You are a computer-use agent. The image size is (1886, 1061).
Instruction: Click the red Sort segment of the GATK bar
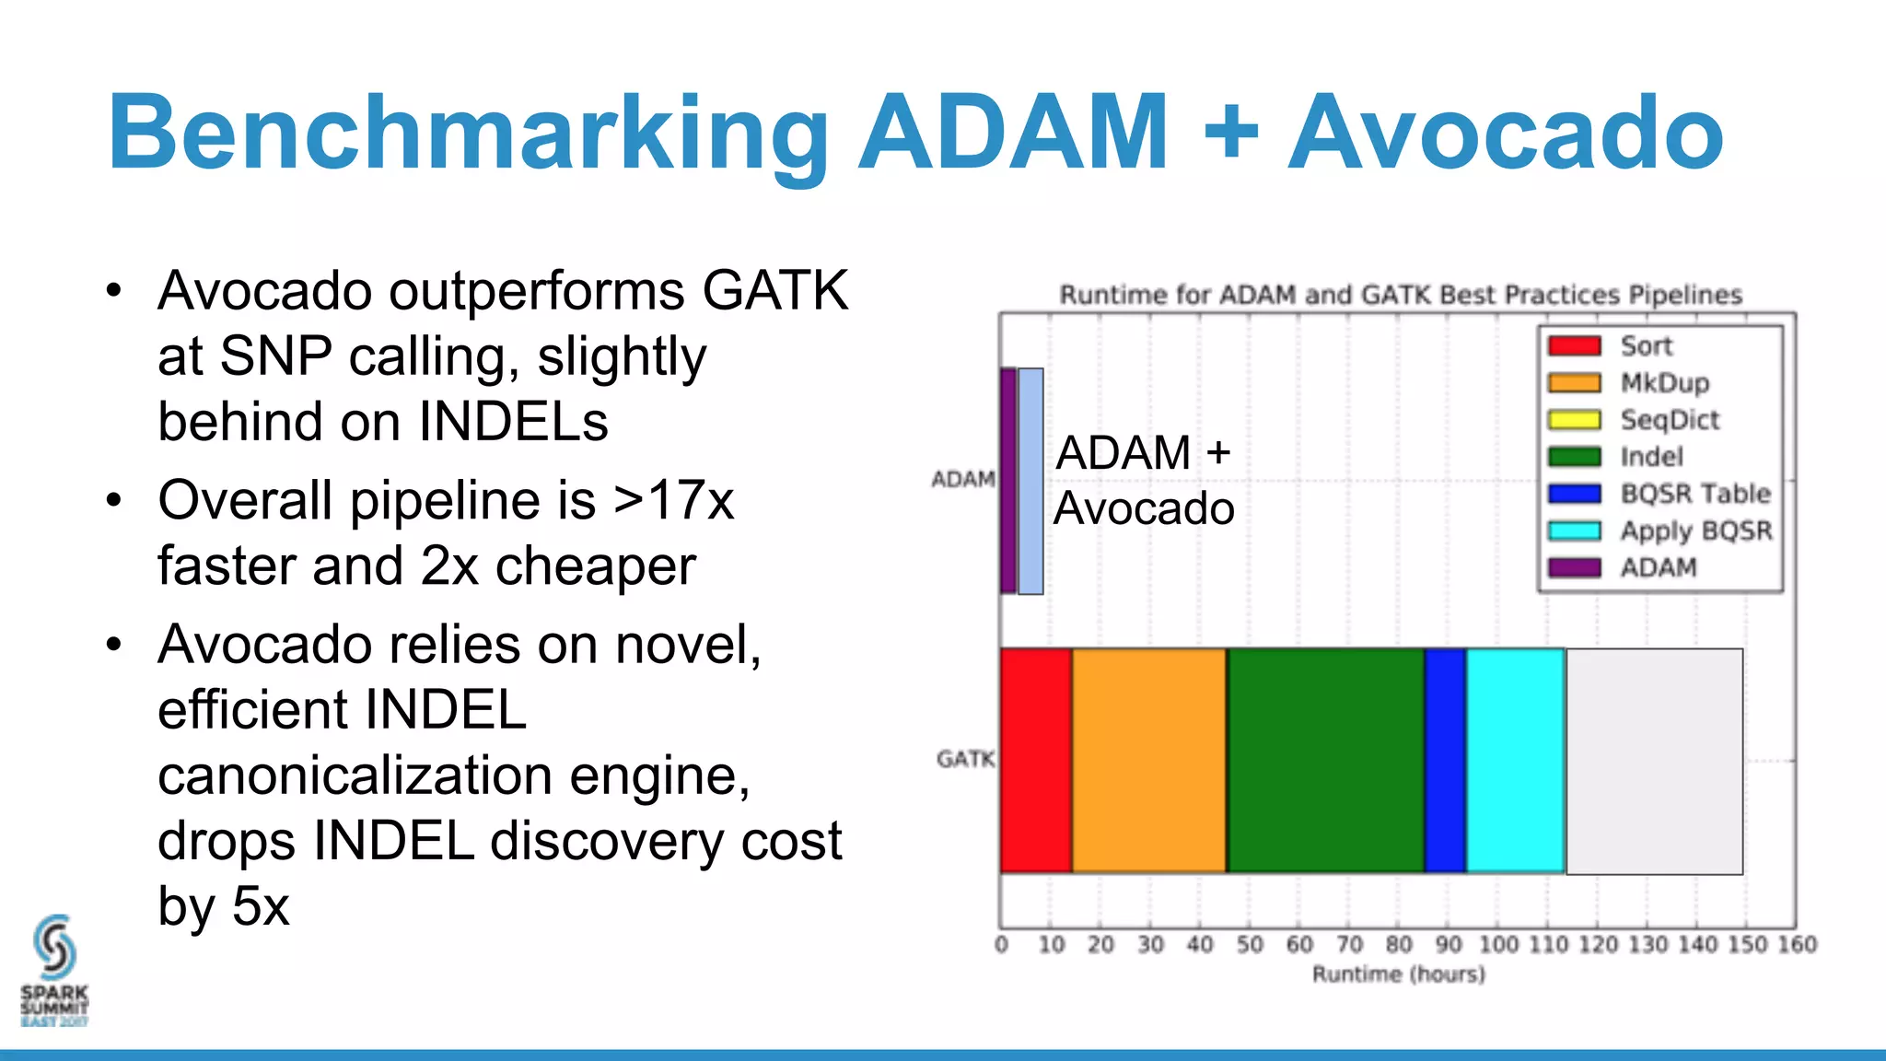tap(1036, 761)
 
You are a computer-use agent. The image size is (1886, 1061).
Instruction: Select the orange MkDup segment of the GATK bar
tap(1149, 761)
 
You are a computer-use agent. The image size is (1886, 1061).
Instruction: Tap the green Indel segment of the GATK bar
tap(1325, 761)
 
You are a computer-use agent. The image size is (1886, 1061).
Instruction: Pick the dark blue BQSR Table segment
tap(1445, 761)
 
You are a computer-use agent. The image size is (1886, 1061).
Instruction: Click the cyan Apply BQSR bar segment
tap(1515, 761)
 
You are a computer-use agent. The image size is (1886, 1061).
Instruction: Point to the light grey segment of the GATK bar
tap(1654, 761)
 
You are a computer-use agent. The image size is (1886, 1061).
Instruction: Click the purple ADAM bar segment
tap(1008, 481)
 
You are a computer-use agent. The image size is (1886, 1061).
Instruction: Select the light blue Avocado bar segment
tap(1030, 481)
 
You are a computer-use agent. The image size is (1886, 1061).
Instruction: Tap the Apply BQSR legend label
tap(1695, 531)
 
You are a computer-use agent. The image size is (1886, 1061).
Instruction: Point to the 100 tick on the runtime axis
tap(1498, 944)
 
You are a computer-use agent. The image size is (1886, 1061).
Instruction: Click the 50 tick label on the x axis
tap(1250, 944)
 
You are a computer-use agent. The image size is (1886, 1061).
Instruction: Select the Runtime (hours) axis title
tap(1398, 974)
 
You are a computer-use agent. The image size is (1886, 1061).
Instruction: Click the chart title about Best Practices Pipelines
tap(1400, 295)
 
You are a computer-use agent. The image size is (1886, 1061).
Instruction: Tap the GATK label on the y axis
tap(965, 759)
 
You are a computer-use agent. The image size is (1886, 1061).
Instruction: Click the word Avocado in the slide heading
tap(1505, 134)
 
